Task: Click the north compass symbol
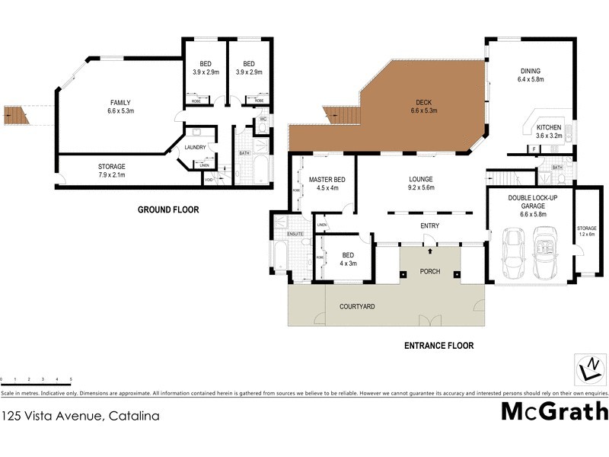(588, 369)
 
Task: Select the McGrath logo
(554, 411)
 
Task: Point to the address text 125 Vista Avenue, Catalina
(81, 416)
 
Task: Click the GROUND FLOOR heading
(167, 209)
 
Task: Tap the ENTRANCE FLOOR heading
(438, 346)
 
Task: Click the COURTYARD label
(358, 306)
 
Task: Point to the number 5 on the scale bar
(71, 379)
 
